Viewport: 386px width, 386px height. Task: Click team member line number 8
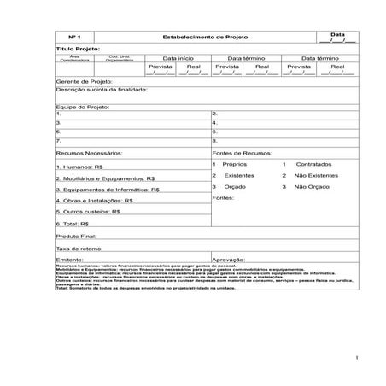[x=214, y=140]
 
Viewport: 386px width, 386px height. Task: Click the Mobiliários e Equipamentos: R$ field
[x=105, y=178]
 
